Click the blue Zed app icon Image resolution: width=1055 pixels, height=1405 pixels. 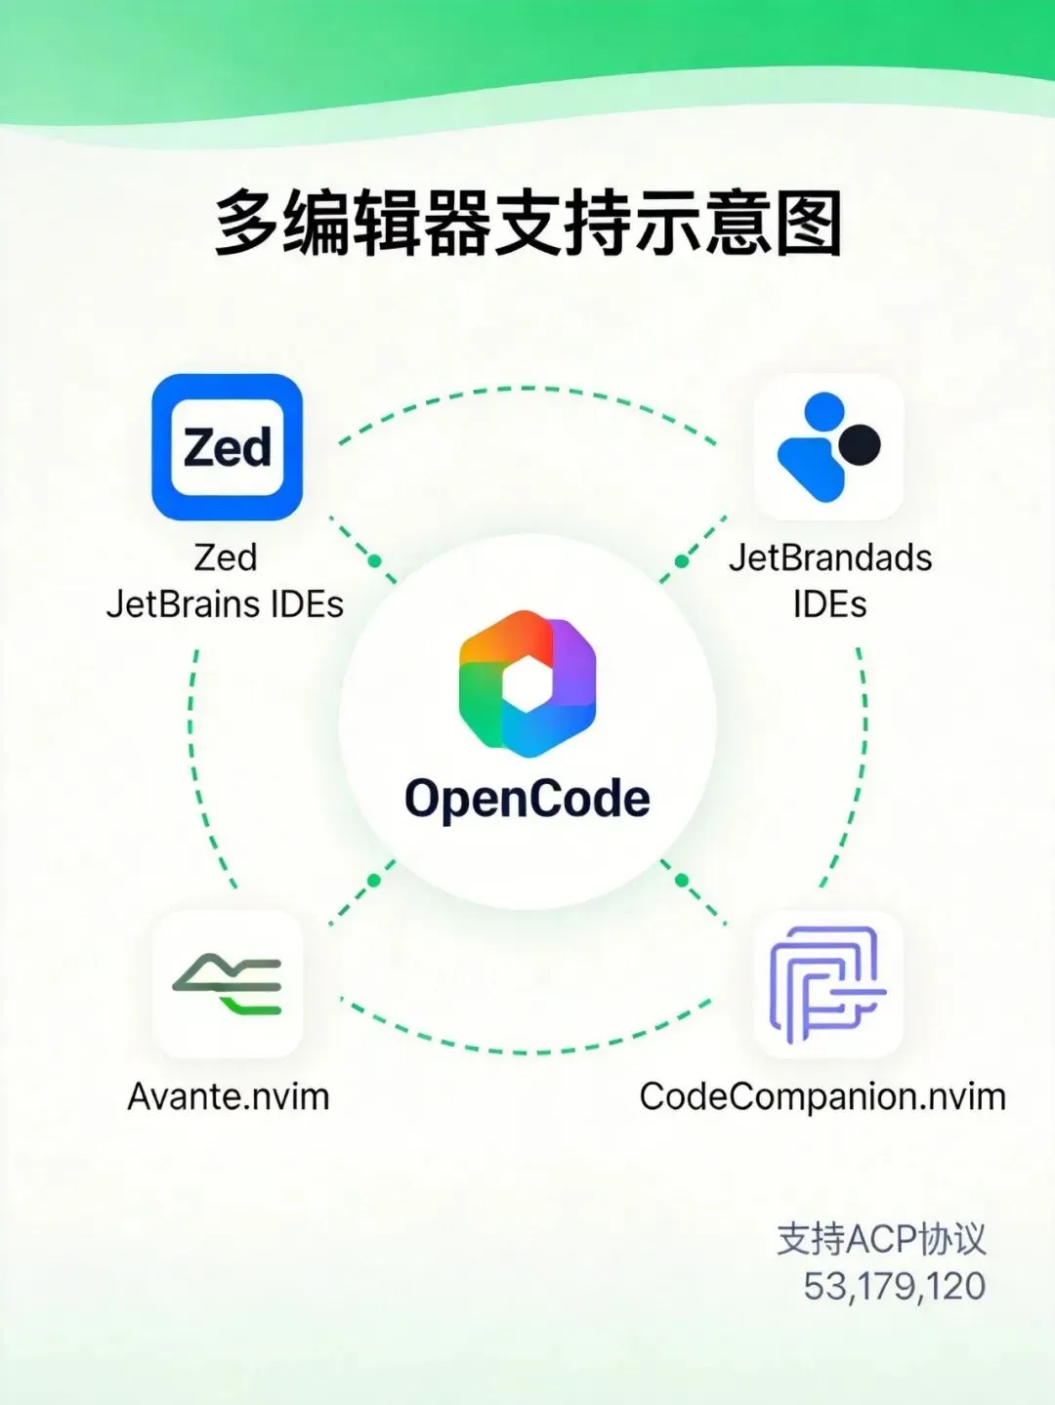coord(227,447)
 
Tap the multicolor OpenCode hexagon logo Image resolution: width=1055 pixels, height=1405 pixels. coord(527,683)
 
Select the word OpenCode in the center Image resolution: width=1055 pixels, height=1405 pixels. coord(527,799)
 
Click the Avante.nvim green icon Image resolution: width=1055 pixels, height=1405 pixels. coord(228,984)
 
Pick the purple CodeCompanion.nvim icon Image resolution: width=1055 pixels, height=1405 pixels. coord(827,984)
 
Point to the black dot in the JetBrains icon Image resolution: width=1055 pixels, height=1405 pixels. coord(861,444)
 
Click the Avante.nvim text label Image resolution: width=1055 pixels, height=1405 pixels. coord(229,1096)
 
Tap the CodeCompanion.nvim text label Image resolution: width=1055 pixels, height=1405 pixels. coord(823,1096)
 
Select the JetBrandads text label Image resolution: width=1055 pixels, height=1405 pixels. coord(830,558)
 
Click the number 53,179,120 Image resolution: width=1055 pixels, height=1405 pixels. coord(894,1286)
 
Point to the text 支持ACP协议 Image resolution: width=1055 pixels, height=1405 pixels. coord(881,1239)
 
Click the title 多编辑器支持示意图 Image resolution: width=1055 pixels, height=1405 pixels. coord(527,224)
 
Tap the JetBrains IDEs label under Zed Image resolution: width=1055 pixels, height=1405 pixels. coord(225,604)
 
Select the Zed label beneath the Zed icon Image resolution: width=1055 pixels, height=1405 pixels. coord(226,558)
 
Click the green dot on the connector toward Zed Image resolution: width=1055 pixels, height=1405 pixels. coord(374,561)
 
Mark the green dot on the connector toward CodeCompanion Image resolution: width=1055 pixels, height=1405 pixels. coord(682,881)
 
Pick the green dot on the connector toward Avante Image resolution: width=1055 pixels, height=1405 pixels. coord(373,881)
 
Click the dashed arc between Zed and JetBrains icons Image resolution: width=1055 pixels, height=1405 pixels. coord(527,389)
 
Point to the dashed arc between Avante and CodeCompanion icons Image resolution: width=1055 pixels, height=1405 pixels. coord(527,1052)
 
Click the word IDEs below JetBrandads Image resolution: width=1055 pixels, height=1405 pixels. coord(829,604)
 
